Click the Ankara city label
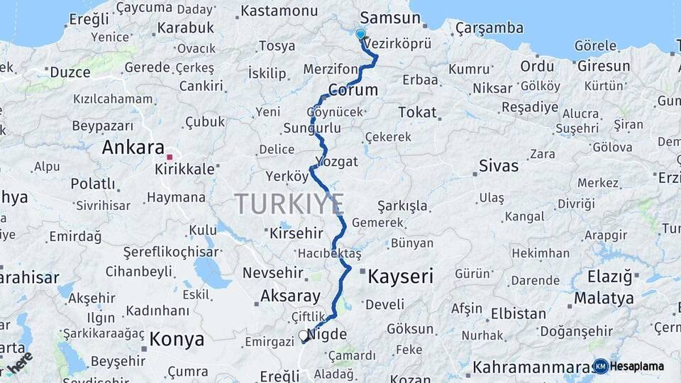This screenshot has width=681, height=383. [x=133, y=148]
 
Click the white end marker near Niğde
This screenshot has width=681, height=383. [x=304, y=335]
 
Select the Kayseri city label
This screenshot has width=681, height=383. [x=400, y=276]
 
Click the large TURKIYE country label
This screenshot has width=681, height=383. [x=289, y=204]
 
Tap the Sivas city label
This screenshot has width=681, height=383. [x=499, y=167]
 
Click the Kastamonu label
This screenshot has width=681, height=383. [x=279, y=11]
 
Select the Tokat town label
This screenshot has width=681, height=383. [x=417, y=112]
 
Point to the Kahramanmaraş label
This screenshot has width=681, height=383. [x=532, y=367]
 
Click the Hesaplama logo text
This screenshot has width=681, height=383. [x=636, y=366]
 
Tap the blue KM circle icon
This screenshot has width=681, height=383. [x=600, y=366]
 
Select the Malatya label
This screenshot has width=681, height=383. [x=604, y=298]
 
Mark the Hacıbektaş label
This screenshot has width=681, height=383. [x=330, y=254]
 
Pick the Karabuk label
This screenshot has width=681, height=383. [x=185, y=28]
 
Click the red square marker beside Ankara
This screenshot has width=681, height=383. [x=170, y=157]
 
